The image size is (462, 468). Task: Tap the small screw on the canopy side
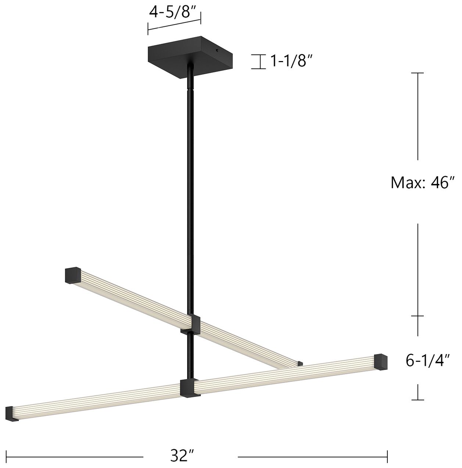(218, 50)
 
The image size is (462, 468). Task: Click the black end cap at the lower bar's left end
(12, 414)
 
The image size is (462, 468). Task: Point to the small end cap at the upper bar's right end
(300, 364)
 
